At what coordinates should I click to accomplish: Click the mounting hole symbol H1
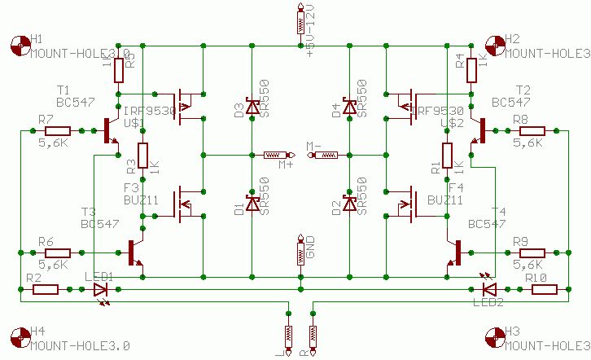click(20, 45)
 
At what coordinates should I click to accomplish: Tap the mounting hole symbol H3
click(495, 338)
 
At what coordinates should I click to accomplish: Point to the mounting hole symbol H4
click(20, 338)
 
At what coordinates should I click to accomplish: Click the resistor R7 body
click(58, 130)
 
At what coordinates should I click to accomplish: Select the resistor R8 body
click(532, 130)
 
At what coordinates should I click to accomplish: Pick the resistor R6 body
click(58, 252)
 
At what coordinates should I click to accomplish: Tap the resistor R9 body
click(532, 252)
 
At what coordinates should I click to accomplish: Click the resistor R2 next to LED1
click(45, 289)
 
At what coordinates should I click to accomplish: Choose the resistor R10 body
click(543, 289)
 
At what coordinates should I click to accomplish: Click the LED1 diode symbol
click(100, 289)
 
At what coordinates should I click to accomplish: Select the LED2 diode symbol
click(488, 289)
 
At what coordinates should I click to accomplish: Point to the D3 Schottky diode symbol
click(252, 106)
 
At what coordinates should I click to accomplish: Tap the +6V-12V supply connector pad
click(300, 22)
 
